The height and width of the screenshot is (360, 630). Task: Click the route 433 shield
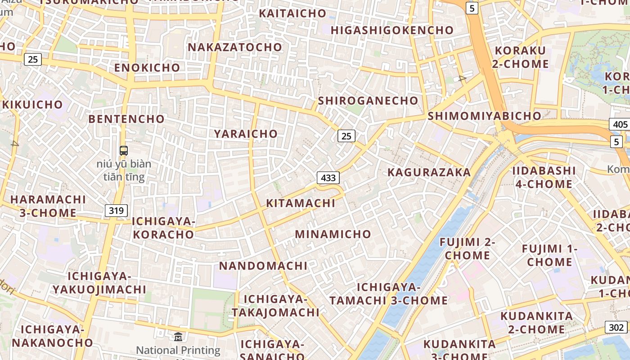point(328,178)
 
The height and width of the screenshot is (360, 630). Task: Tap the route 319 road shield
point(117,210)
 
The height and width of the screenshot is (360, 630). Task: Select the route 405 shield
point(620,124)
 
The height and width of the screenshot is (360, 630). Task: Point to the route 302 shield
point(616,327)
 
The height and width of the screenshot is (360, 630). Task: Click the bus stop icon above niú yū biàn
point(124,151)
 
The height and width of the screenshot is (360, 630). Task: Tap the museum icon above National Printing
point(178,337)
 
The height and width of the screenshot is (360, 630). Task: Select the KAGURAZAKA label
point(429,172)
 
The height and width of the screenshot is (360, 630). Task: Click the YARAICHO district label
point(246,134)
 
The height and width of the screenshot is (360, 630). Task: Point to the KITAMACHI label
point(301,203)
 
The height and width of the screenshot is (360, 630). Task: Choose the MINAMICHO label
point(333,234)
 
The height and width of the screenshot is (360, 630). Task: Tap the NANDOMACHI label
point(263,265)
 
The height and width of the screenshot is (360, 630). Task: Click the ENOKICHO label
point(147,67)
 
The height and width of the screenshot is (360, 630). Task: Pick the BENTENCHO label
point(126,119)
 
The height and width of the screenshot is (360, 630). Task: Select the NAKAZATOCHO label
point(235,47)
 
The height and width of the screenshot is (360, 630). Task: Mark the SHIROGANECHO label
point(368,100)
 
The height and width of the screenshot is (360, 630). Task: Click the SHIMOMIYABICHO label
point(484,116)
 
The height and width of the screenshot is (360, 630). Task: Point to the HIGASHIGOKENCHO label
point(392,30)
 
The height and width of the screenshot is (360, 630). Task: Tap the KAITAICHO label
point(292,13)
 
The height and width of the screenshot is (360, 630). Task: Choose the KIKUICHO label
point(32,104)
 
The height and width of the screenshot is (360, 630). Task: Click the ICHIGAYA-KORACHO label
point(163,228)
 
